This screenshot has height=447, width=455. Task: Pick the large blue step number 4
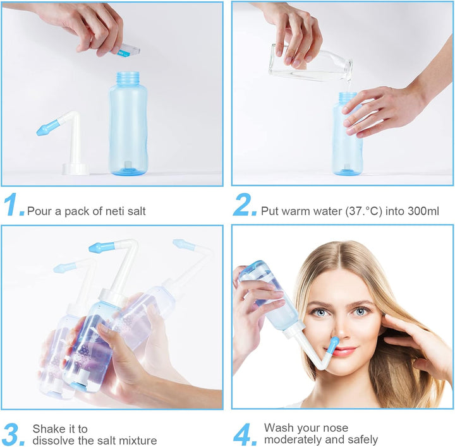(x=245, y=434)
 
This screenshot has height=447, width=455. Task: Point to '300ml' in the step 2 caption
(x=424, y=211)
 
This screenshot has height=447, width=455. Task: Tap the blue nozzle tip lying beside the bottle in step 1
(x=47, y=129)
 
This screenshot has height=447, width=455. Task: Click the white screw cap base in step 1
(x=75, y=169)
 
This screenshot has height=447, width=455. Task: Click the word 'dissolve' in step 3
(x=54, y=441)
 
